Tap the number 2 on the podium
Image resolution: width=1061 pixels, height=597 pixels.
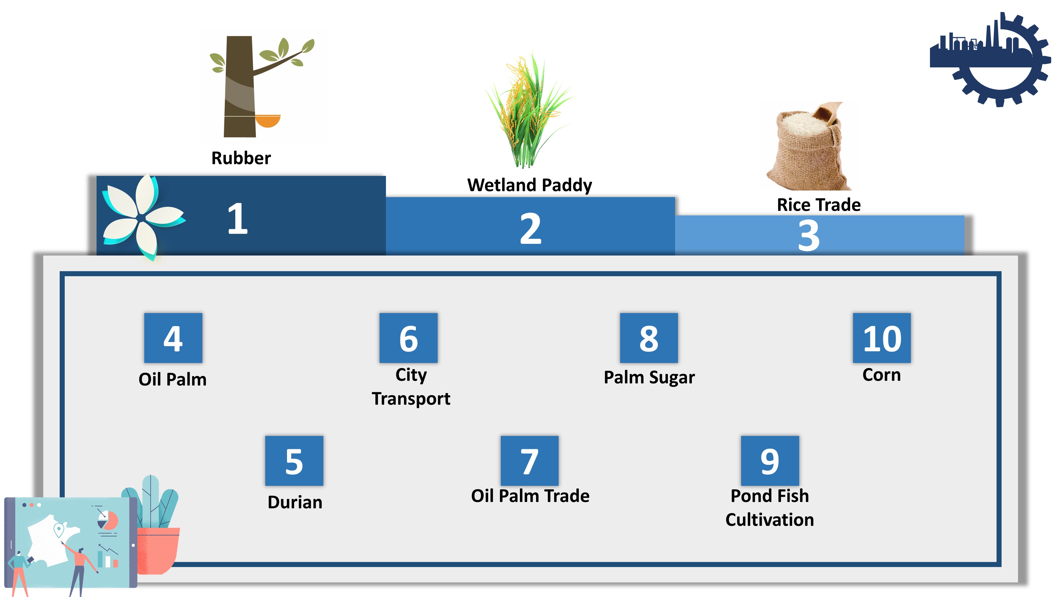(530, 229)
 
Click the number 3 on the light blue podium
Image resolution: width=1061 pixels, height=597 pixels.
(809, 235)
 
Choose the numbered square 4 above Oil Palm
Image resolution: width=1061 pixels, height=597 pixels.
(173, 338)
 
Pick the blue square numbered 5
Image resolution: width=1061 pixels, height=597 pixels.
(294, 461)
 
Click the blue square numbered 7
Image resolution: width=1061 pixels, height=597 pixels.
(530, 461)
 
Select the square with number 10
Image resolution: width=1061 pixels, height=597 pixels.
(882, 338)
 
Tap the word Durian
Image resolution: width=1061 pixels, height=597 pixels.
(295, 502)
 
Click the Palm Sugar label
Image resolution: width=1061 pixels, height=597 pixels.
(649, 377)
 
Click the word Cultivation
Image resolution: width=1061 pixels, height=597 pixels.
(769, 520)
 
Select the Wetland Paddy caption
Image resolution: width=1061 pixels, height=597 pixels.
(530, 185)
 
